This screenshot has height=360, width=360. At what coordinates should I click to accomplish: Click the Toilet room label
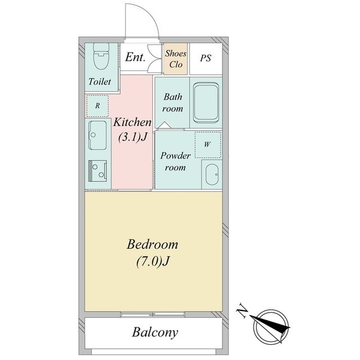tap(100, 82)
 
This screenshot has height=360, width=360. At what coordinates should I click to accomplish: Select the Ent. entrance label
tap(135, 57)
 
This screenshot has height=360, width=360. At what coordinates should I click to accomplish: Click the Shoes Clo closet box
tap(175, 59)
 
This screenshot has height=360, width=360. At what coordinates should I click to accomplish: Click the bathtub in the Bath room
tap(206, 103)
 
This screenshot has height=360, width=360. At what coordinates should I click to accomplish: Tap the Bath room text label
tap(173, 103)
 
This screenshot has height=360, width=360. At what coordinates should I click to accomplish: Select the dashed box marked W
tap(208, 144)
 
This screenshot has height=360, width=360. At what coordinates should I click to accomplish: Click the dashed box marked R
tap(97, 105)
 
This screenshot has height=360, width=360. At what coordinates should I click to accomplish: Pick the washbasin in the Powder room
tap(211, 174)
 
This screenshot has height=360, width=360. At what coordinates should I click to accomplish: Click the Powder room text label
tap(175, 161)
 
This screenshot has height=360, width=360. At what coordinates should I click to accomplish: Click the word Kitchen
tap(133, 122)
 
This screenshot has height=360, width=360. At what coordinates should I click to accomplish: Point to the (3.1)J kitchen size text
tap(133, 137)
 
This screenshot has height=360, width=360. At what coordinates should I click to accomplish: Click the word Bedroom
tap(152, 245)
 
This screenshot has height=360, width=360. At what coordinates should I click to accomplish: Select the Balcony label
tap(155, 332)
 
